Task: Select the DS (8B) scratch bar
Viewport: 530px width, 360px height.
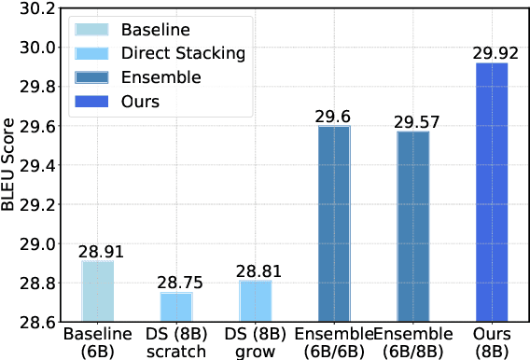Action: pos(176,308)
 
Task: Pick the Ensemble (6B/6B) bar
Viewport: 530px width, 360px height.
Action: pos(335,224)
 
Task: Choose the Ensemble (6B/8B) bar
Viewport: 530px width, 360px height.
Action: pos(413,227)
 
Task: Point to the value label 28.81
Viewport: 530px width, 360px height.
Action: pos(256,271)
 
